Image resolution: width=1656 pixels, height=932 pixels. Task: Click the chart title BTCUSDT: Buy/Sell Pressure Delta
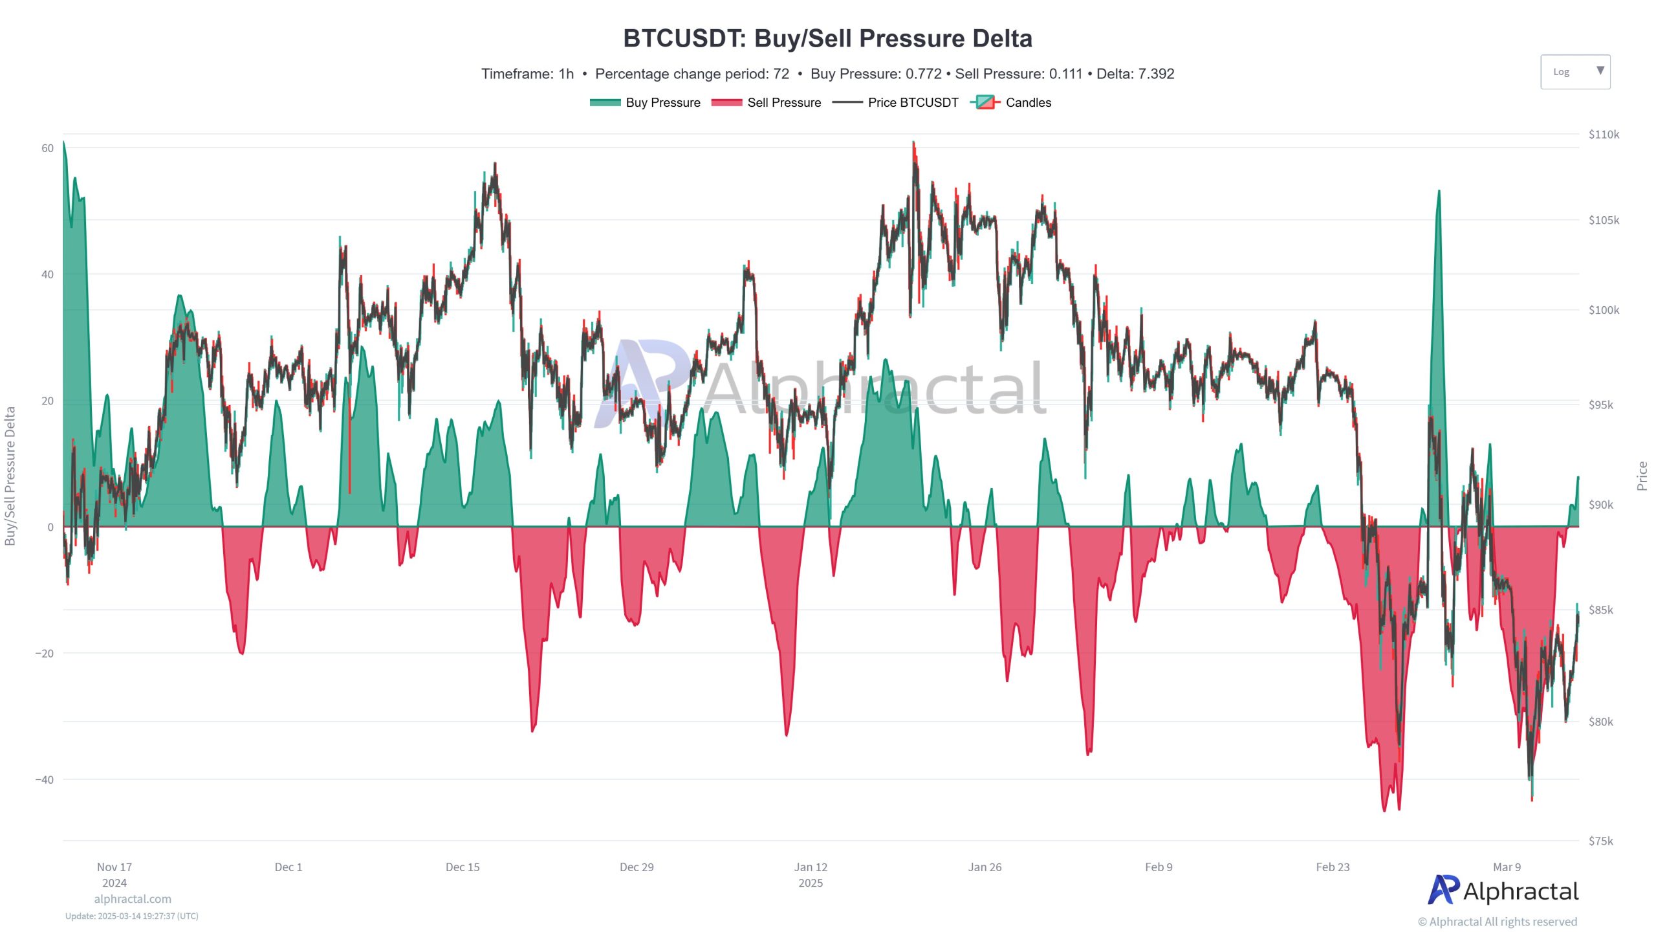pyautogui.click(x=827, y=39)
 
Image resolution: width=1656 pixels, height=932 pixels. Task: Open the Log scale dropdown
pyautogui.click(x=1575, y=72)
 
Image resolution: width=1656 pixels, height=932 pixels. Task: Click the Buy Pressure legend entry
pyautogui.click(x=645, y=102)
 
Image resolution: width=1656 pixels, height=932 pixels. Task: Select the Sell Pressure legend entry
pyautogui.click(x=766, y=102)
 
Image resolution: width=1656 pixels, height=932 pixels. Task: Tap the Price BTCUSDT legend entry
pyautogui.click(x=895, y=102)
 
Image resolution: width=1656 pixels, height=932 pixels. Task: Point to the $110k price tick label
pyautogui.click(x=1604, y=135)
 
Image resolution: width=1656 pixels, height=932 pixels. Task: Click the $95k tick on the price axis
pyautogui.click(x=1600, y=405)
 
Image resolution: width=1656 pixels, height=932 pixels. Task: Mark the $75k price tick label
pyautogui.click(x=1600, y=841)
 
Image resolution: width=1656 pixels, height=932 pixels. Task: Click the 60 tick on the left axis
pyautogui.click(x=47, y=148)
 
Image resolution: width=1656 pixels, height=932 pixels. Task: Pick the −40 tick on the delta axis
pyautogui.click(x=44, y=780)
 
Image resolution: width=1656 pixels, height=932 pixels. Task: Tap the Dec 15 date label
pyautogui.click(x=463, y=867)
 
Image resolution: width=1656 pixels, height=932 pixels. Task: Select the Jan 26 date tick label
pyautogui.click(x=985, y=867)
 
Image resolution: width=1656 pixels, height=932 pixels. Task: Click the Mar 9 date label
pyautogui.click(x=1507, y=867)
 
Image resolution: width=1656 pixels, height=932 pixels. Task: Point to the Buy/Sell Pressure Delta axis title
pyautogui.click(x=10, y=476)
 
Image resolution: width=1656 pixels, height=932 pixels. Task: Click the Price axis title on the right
pyautogui.click(x=1642, y=476)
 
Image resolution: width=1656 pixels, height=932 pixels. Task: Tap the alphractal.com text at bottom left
pyautogui.click(x=133, y=899)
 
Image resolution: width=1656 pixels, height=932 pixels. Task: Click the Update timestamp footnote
pyautogui.click(x=132, y=916)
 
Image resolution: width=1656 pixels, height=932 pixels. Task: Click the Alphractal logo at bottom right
pyautogui.click(x=1503, y=891)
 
